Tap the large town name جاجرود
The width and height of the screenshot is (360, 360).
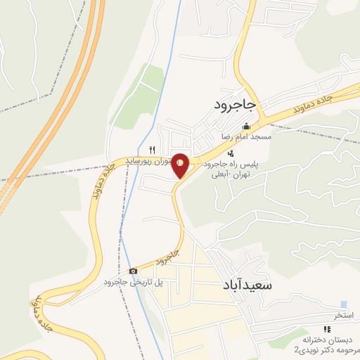(236, 105)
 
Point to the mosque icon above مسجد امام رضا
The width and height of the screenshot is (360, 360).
(246, 127)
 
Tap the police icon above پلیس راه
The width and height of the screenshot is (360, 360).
(231, 153)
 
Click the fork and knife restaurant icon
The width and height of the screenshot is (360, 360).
(152, 150)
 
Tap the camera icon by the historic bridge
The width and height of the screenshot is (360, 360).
(133, 271)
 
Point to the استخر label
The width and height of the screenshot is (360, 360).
(344, 314)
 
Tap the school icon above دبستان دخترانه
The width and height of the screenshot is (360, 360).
(326, 328)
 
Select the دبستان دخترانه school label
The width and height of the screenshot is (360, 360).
(327, 339)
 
